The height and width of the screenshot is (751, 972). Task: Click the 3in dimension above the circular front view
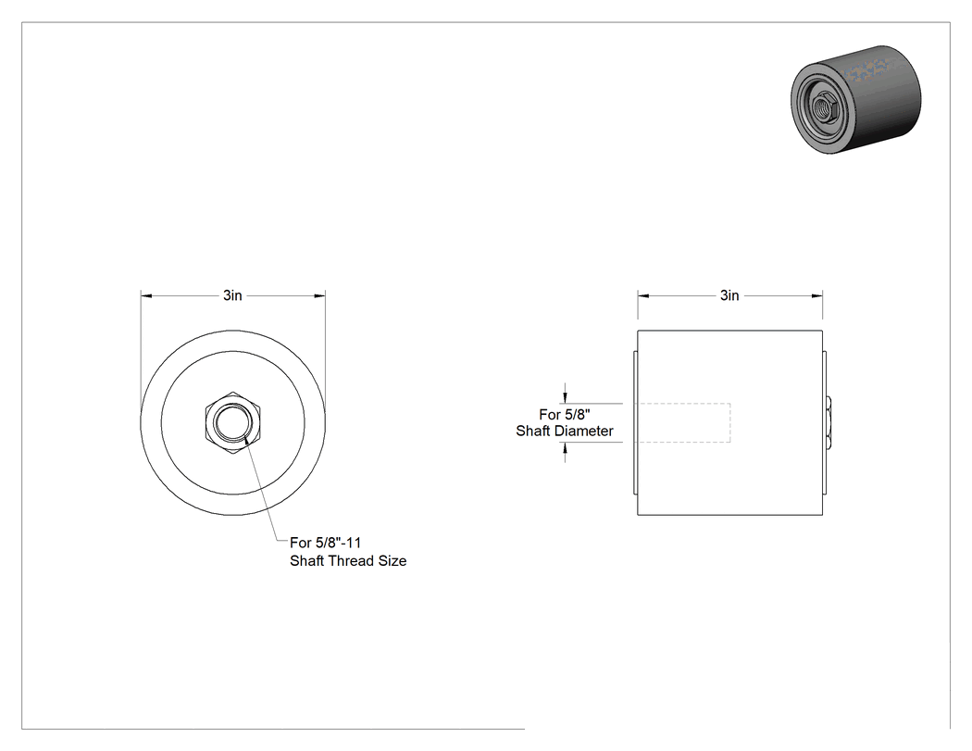click(232, 295)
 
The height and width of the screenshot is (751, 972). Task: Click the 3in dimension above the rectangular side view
click(729, 295)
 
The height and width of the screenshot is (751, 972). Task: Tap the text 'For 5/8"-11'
click(326, 543)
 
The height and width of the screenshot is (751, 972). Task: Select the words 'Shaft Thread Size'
click(348, 560)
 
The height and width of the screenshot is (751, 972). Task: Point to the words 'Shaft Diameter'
click(565, 431)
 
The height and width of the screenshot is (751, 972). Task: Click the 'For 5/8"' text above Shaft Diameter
click(564, 414)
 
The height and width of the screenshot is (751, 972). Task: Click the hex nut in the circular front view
click(233, 423)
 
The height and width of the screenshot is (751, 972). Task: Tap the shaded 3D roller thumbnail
click(856, 99)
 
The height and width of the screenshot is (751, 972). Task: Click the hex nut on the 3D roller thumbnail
click(823, 106)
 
